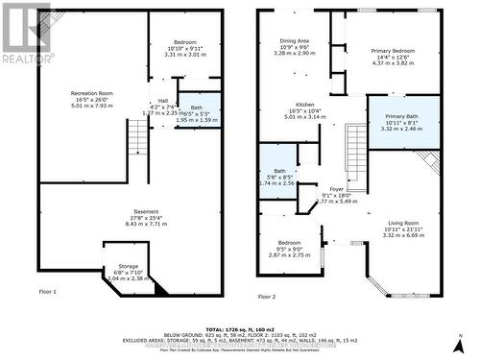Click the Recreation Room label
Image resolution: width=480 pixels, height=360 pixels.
pyautogui.click(x=92, y=93)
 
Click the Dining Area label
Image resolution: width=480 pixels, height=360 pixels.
pyautogui.click(x=295, y=40)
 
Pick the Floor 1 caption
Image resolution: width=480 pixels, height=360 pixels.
pyautogui.click(x=48, y=291)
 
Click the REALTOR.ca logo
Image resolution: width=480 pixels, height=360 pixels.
pyautogui.click(x=25, y=33)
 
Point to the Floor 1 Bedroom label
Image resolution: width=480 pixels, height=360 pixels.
pyautogui.click(x=183, y=42)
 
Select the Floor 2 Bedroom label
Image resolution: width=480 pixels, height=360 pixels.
pyautogui.click(x=289, y=243)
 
